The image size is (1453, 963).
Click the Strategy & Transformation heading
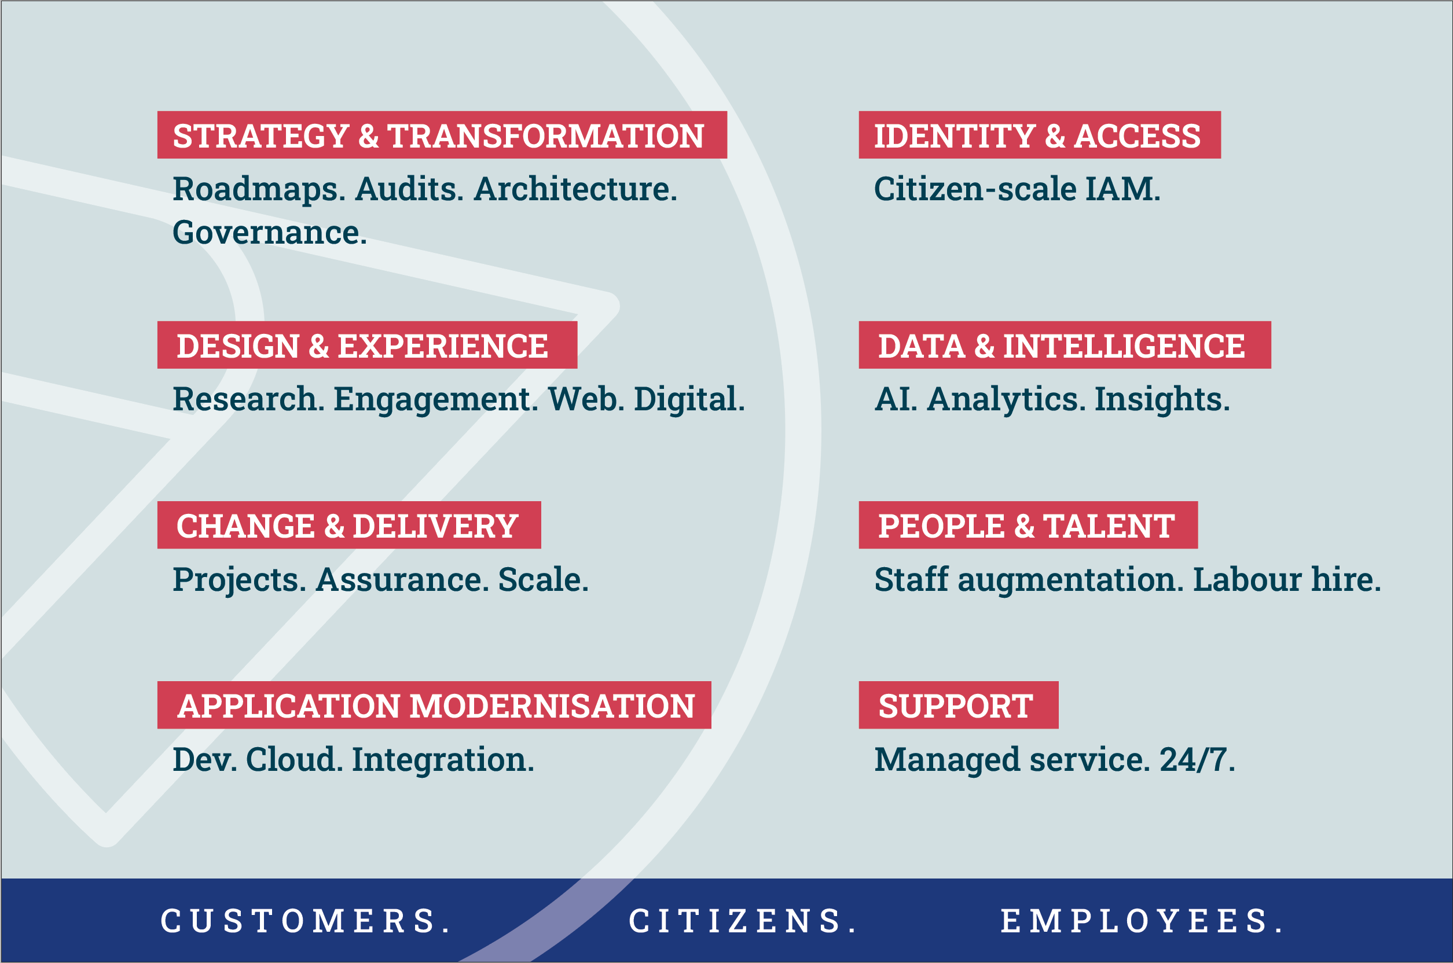pos(442,134)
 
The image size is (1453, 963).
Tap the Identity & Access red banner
pos(1040,134)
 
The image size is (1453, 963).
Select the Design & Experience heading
pos(367,344)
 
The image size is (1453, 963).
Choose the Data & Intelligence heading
pos(1065,344)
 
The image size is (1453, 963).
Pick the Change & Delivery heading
pos(349,524)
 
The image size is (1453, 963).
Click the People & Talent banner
pos(1028,524)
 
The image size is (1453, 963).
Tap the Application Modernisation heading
pos(434,704)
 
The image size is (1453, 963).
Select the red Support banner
pos(959,704)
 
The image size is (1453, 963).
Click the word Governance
pos(270,232)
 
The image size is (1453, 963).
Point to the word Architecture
pos(575,189)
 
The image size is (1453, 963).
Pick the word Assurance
pos(402,579)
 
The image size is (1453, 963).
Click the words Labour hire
pos(1286,579)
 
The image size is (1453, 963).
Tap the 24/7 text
pos(1197,759)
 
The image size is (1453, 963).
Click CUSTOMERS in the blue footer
pos(305,921)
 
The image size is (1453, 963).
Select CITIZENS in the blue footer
pos(742,921)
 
